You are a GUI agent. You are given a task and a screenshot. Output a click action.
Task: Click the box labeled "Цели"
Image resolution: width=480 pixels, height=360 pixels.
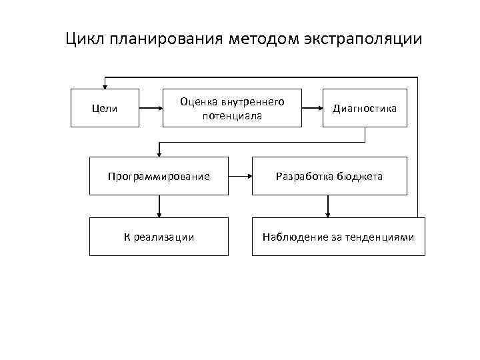pos(105,108)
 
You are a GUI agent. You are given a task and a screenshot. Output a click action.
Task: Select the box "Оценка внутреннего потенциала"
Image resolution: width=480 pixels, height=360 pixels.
pos(232,108)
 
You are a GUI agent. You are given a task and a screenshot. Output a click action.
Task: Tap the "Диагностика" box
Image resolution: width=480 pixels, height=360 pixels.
pos(365,108)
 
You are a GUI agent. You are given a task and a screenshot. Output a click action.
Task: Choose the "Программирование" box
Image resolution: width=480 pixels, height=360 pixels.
pos(159,176)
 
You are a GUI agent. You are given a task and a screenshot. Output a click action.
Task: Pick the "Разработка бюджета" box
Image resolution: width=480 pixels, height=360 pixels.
pos(329,176)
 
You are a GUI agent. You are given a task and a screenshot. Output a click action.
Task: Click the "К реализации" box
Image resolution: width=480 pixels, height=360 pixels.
pos(159,237)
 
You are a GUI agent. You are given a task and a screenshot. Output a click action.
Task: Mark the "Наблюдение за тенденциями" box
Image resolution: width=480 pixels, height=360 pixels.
pos(338,237)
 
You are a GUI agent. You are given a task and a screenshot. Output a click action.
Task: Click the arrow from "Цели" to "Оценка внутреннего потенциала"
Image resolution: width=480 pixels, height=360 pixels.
pos(151,108)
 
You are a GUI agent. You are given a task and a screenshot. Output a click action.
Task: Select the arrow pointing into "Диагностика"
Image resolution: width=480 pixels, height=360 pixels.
pos(312,108)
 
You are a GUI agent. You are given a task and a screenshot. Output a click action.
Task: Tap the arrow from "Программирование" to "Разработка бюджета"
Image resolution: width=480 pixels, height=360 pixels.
pos(240,177)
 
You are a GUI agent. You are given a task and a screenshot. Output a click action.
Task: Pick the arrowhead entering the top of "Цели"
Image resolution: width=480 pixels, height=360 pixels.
pos(103,85)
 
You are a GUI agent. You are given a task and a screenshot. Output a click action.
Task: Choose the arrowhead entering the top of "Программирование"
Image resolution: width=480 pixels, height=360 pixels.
pos(159,153)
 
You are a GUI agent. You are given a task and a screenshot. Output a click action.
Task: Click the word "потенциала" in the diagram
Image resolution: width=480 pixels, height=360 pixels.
pos(232,115)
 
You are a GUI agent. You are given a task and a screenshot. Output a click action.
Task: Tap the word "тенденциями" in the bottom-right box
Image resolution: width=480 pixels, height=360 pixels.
pos(383,237)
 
